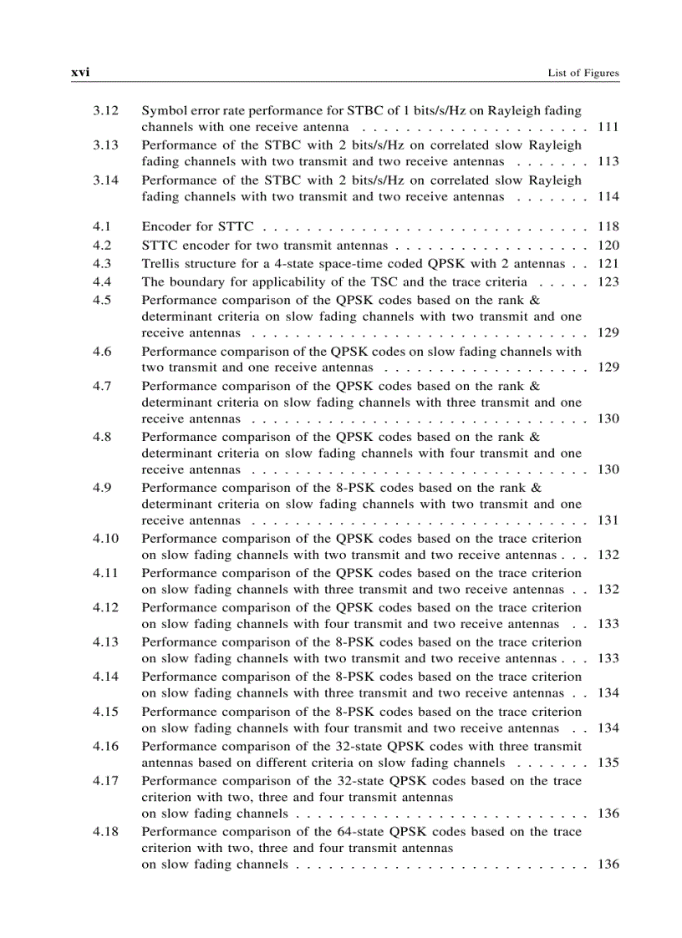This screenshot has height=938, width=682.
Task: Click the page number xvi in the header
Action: tap(80, 73)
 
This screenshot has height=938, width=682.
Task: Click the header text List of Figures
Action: tap(583, 74)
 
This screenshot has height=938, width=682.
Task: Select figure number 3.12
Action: tap(106, 110)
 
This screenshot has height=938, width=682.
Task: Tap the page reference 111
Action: tap(608, 127)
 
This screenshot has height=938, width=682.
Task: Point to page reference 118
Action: tap(608, 226)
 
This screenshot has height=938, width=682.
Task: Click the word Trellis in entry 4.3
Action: tap(160, 263)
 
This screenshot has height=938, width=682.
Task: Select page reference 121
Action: tap(608, 263)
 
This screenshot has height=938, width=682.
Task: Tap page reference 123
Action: tap(608, 281)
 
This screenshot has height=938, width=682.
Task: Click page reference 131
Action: tap(608, 520)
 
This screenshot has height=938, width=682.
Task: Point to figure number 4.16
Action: tap(106, 746)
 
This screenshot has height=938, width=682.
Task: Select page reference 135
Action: tap(608, 763)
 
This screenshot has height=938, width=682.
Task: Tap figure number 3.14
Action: tap(106, 180)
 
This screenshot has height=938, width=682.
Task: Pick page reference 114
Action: tap(608, 196)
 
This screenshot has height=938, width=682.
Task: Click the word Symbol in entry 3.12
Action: tap(162, 110)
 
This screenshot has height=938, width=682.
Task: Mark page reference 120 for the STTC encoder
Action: tap(608, 245)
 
